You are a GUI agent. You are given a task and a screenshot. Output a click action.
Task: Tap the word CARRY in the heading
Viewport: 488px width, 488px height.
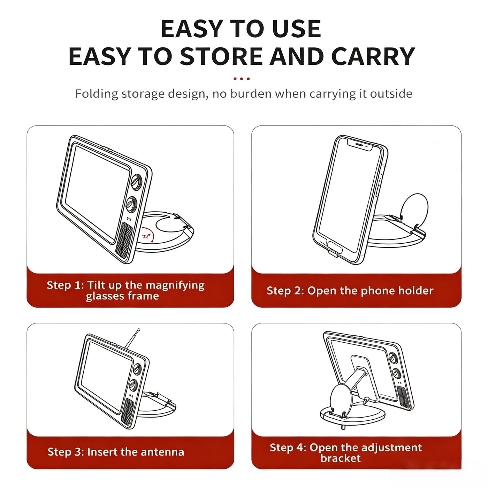point(373,56)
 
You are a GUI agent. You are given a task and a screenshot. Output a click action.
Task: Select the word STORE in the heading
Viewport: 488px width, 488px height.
point(221,56)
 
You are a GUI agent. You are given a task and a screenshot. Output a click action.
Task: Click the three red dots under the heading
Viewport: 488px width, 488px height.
point(241,79)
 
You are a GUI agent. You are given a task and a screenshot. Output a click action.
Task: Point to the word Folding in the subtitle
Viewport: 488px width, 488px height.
point(97,94)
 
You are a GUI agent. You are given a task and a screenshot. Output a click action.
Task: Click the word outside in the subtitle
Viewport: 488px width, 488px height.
point(391,94)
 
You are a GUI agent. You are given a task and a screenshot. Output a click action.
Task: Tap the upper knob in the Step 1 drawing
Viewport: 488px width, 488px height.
point(137,182)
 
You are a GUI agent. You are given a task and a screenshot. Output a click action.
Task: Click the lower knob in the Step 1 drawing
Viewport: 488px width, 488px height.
point(132,204)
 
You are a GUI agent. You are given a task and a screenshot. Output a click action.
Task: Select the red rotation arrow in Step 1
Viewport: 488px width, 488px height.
point(148,235)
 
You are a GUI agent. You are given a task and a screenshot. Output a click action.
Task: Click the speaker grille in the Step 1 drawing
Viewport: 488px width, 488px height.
point(124,240)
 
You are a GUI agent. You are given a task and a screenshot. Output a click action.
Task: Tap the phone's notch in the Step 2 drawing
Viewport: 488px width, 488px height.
point(359,146)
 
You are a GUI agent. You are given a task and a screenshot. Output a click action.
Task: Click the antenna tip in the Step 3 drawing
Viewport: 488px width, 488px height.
point(138,330)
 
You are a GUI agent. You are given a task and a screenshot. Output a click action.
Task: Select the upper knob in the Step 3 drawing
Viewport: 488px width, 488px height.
point(137,369)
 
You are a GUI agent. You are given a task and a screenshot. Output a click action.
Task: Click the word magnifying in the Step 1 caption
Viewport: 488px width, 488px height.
point(175,286)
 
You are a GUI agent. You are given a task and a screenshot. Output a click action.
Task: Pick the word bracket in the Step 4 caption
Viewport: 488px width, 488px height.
point(340,458)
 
